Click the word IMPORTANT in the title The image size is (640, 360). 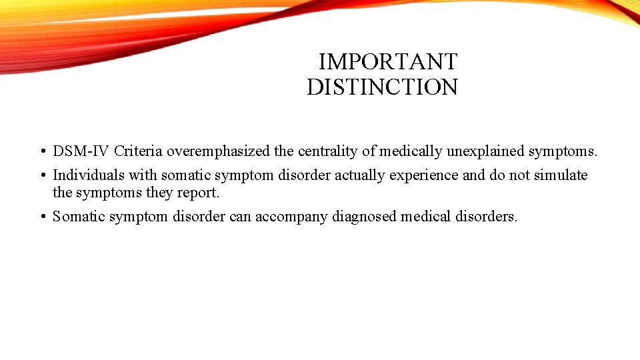click(x=387, y=62)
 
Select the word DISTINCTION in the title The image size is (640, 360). click(x=382, y=87)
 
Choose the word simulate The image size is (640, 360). click(x=561, y=175)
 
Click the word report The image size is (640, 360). click(x=198, y=193)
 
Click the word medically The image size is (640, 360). click(x=409, y=152)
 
